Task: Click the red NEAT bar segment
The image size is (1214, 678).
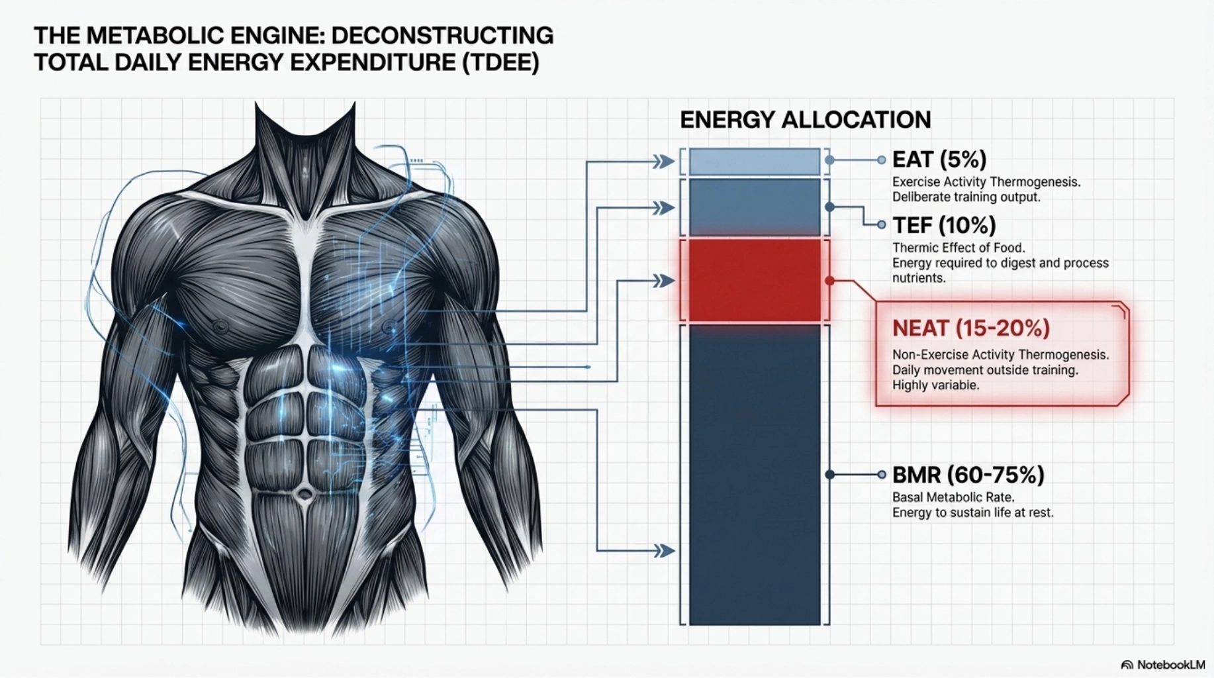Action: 755,280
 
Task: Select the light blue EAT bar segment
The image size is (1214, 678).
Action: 755,162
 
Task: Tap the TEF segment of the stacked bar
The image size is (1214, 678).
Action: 755,207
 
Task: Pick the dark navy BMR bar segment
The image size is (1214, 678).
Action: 755,474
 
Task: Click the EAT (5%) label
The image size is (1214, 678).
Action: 939,160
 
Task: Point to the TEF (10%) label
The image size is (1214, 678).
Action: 944,226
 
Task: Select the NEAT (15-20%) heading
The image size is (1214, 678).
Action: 971,328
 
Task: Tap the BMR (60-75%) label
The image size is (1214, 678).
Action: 968,475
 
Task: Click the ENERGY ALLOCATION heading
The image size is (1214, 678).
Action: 806,120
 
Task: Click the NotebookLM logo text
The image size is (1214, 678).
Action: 1171,664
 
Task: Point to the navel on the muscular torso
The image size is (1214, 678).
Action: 304,494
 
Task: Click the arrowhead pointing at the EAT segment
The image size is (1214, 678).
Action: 663,162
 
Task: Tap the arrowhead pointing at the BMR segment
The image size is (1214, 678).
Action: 663,550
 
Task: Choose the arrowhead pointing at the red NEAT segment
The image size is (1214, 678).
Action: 663,281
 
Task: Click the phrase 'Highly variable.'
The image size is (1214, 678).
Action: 935,385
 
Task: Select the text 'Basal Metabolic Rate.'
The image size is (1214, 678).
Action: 953,497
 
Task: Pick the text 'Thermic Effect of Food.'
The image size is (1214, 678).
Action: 958,248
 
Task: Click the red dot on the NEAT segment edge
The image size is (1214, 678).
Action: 830,281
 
